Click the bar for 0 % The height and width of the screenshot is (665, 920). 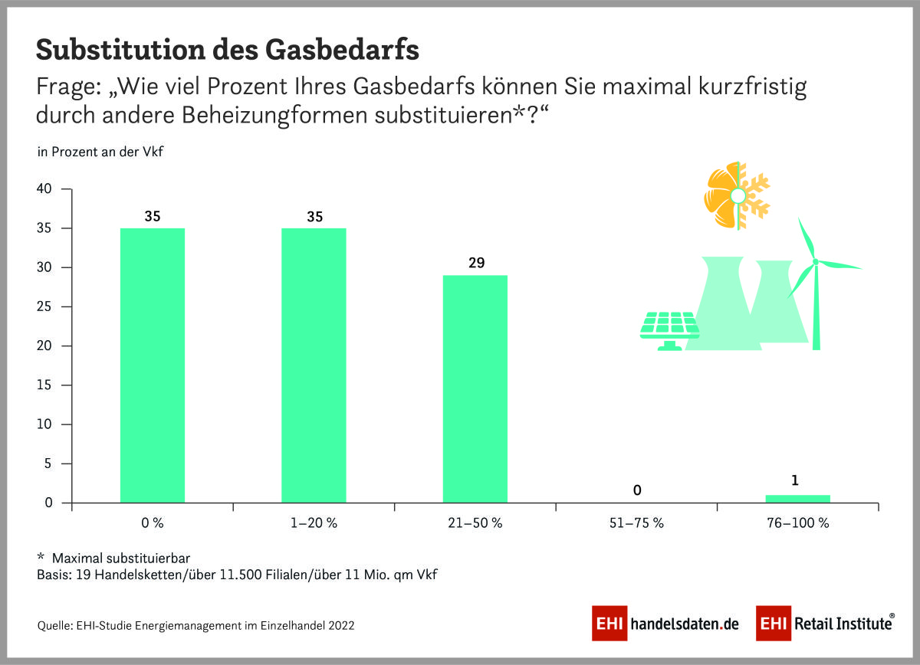coord(153,365)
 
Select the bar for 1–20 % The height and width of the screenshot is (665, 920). coord(314,365)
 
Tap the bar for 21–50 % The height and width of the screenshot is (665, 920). coord(475,388)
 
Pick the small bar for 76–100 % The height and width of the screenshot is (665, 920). coord(797,499)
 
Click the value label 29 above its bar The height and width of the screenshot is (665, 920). coord(475,263)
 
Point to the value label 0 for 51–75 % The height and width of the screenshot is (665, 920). coord(636,490)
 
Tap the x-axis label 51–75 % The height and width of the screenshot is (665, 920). coord(636,524)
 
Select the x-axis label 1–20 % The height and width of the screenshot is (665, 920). coord(314,524)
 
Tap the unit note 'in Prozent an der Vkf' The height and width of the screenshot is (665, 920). coord(100,152)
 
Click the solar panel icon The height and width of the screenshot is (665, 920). coord(669,329)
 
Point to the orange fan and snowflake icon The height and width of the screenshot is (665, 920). coord(737,196)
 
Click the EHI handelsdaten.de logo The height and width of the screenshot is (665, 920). coord(665,624)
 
